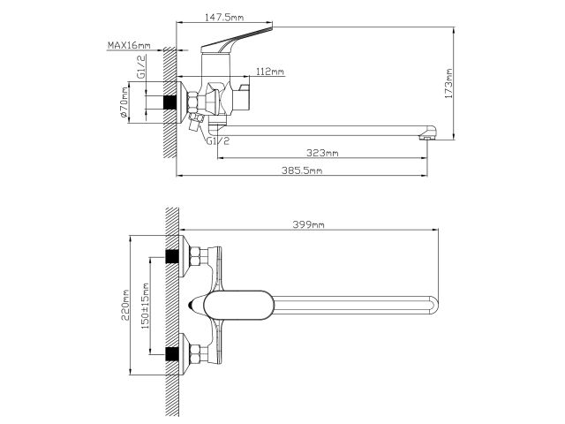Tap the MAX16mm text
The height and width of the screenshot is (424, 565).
pyautogui.click(x=127, y=44)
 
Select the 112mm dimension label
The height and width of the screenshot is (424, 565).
pyautogui.click(x=269, y=72)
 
